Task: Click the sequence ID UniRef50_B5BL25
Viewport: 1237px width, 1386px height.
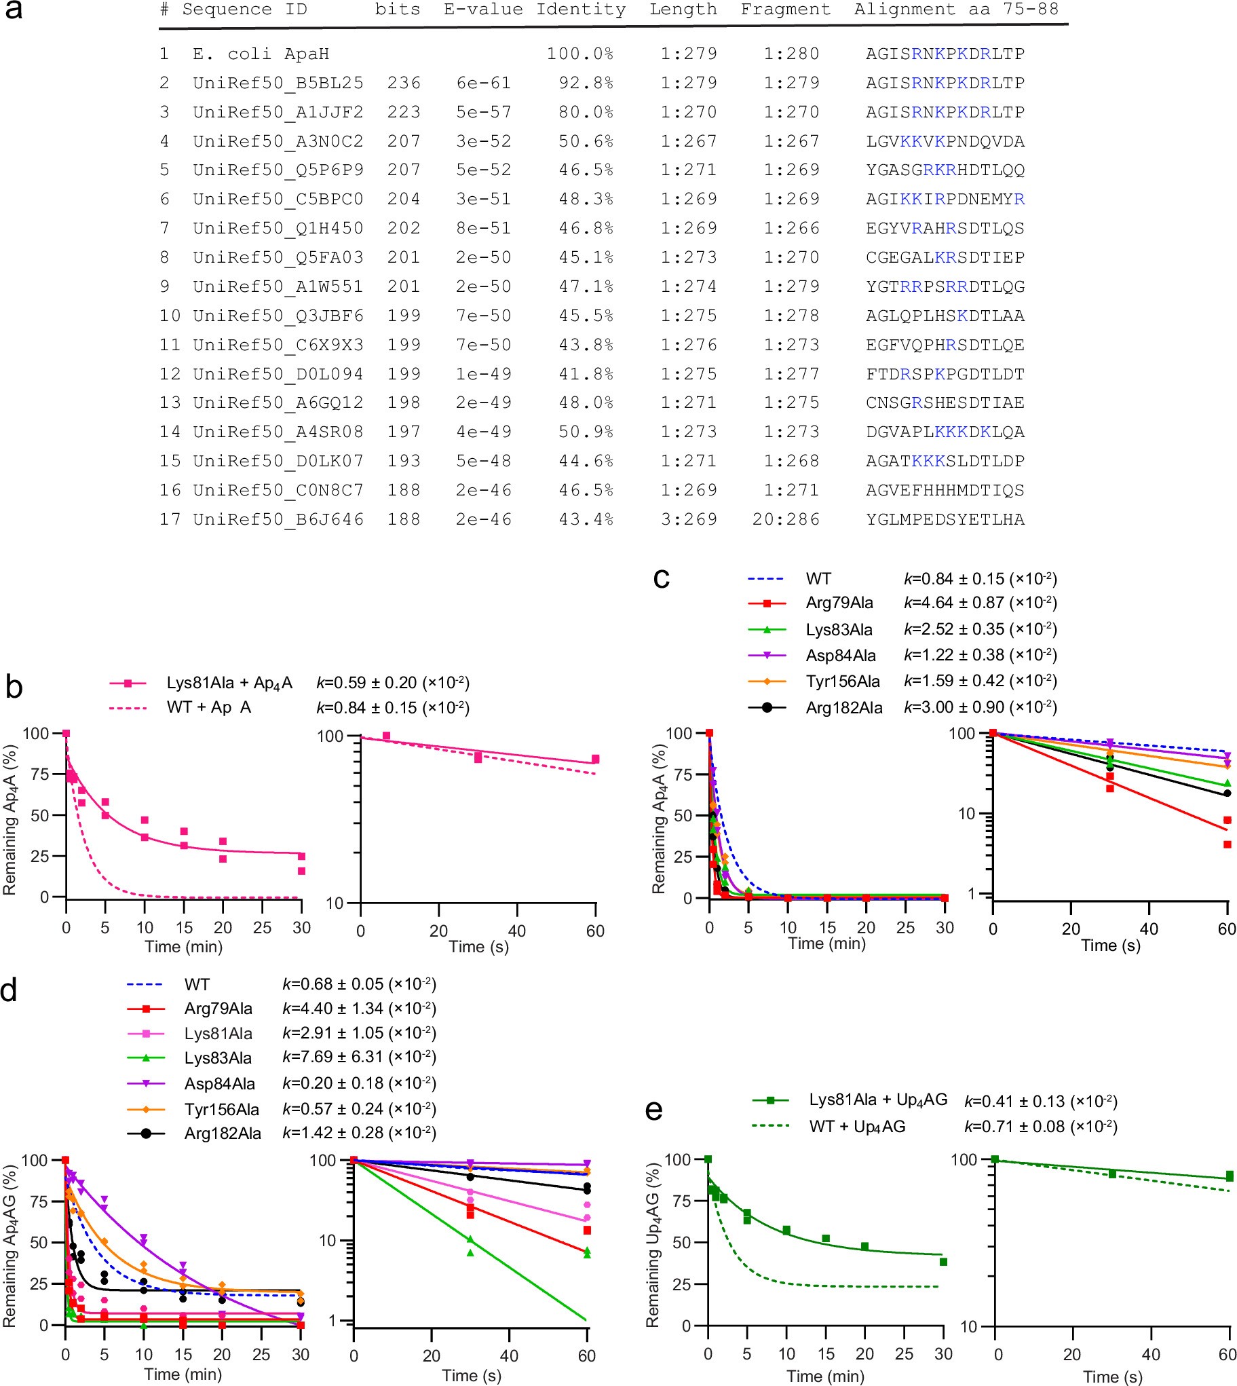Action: (278, 83)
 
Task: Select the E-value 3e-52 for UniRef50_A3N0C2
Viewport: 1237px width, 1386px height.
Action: (483, 141)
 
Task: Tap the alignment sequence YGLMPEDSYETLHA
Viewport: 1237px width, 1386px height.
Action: (945, 519)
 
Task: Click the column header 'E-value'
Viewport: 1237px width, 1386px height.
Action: (483, 10)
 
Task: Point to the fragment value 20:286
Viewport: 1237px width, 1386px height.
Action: (786, 519)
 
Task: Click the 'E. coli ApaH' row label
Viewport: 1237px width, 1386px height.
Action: (261, 54)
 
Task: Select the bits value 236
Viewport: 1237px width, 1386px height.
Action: (404, 83)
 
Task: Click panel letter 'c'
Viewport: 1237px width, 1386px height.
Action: (661, 578)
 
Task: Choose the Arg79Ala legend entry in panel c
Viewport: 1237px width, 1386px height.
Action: (839, 603)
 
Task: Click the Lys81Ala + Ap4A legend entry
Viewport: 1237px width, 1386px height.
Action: (229, 682)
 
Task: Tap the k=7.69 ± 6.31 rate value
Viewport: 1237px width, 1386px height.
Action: (359, 1057)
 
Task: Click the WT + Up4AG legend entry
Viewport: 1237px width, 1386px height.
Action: (856, 1126)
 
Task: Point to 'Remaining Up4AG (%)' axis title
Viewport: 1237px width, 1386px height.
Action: (653, 1244)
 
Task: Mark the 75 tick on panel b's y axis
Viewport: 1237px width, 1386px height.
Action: (39, 774)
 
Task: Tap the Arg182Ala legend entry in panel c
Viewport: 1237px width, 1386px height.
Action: (843, 708)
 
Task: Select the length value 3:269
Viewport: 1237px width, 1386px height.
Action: (689, 519)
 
